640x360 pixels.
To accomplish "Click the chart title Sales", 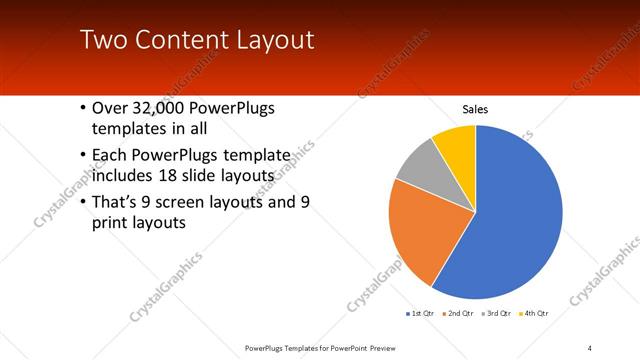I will pos(475,109).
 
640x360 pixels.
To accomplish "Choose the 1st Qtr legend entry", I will pos(420,314).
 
